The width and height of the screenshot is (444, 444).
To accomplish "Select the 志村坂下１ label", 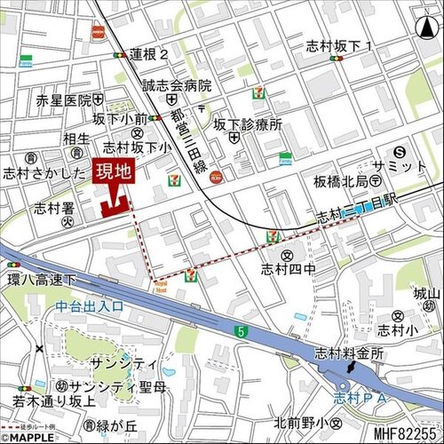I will [x=338, y=45].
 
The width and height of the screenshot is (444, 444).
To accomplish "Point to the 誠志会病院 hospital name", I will [x=178, y=86].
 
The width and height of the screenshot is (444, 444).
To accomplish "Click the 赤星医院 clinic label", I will [x=63, y=100].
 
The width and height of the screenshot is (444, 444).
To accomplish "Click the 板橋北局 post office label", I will [x=339, y=181].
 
